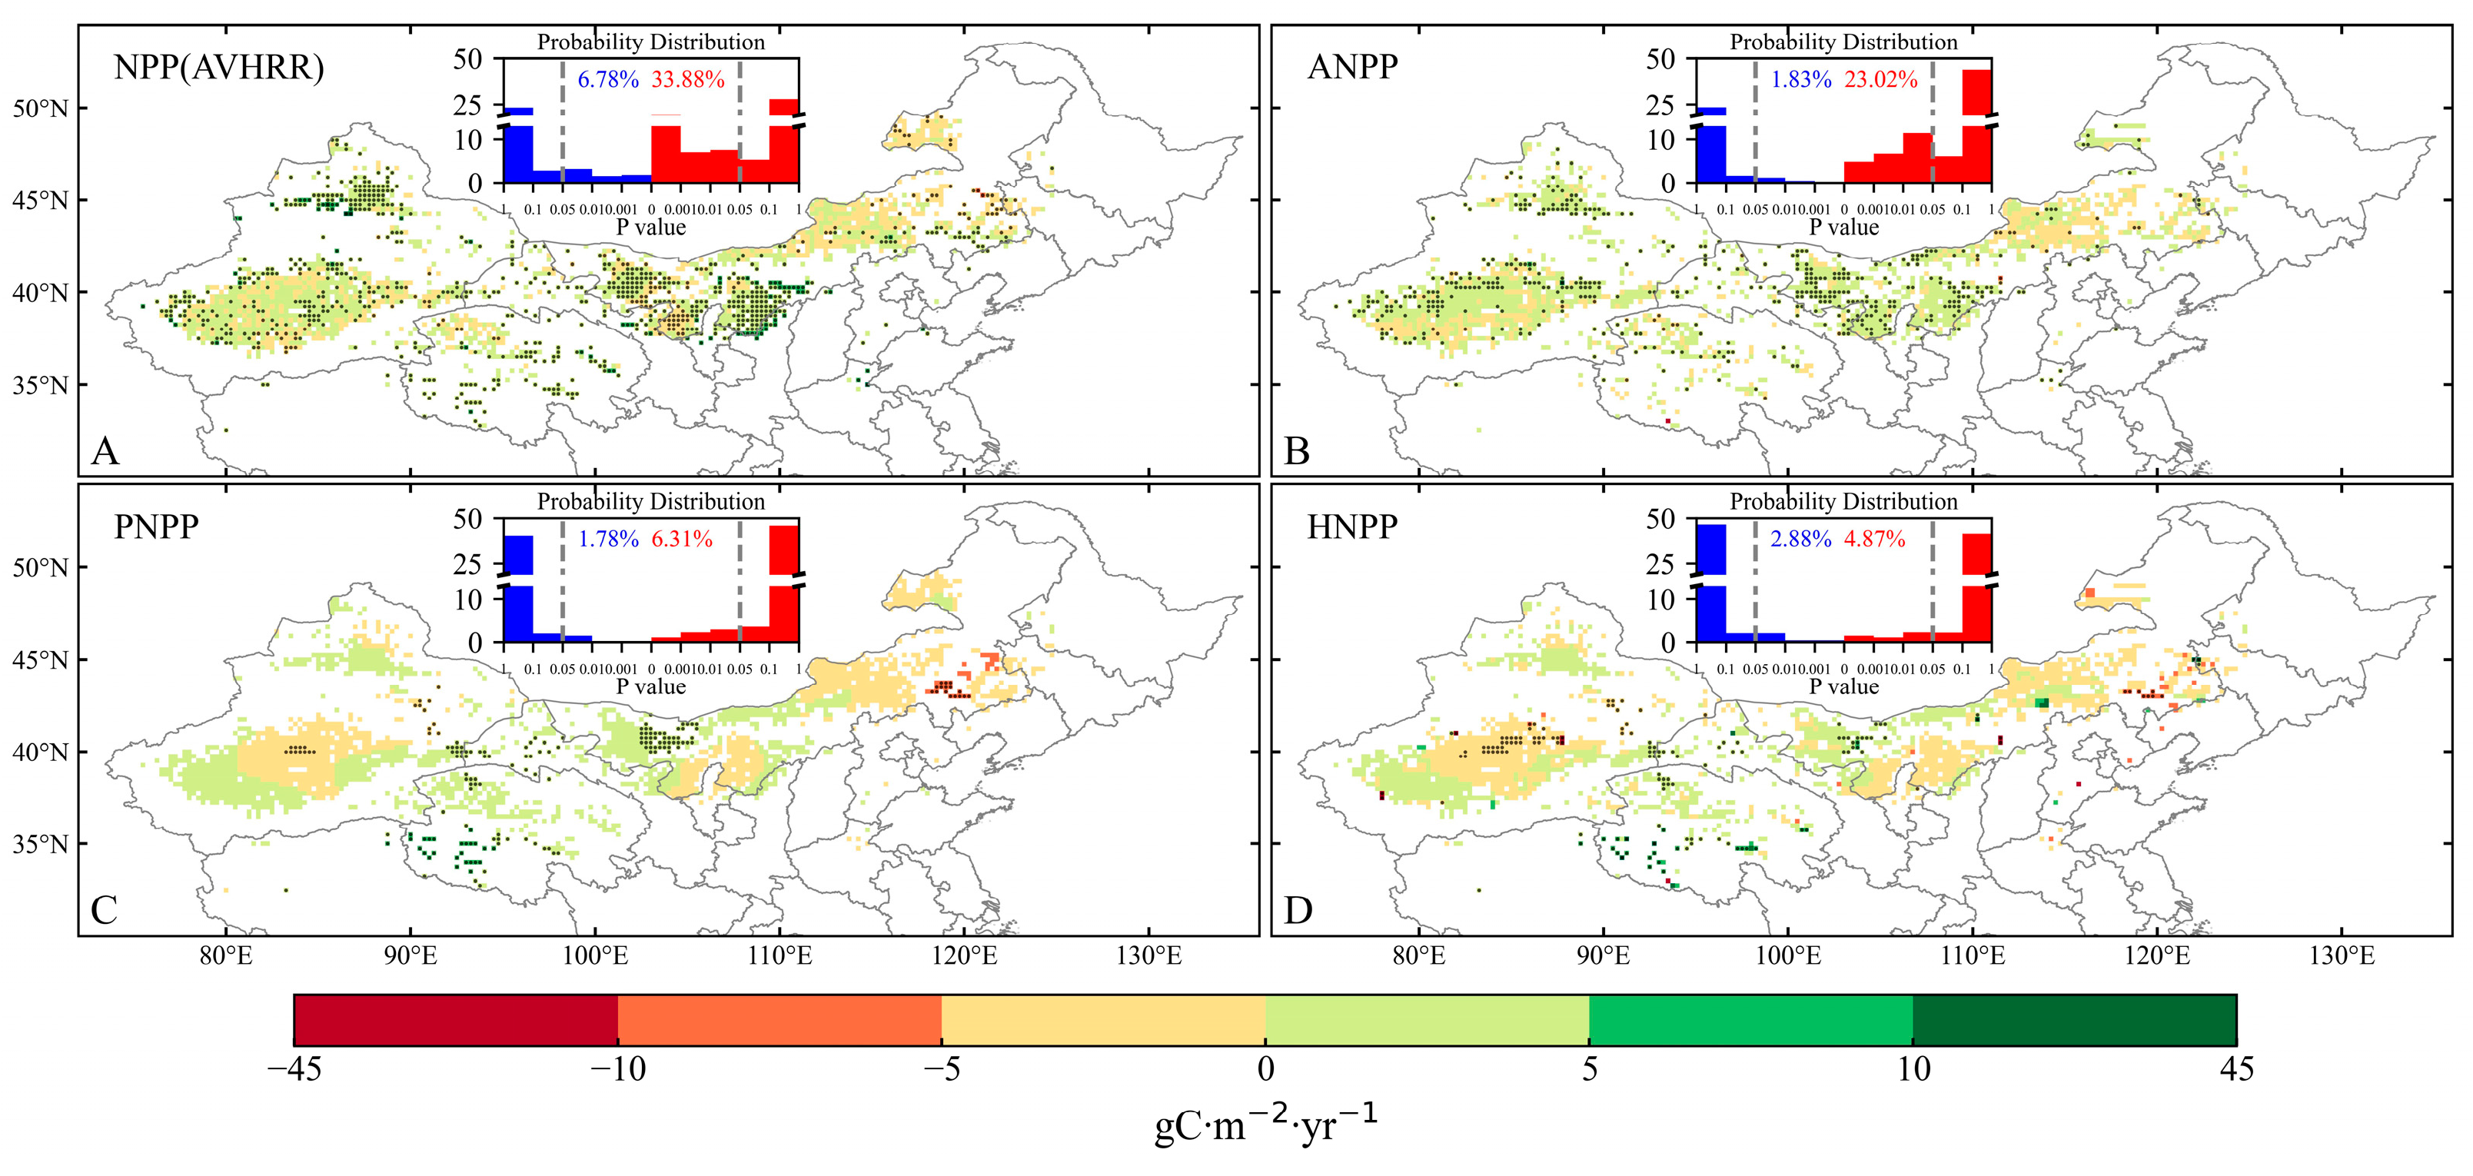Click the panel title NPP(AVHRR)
219,68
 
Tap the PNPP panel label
157,527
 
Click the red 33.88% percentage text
687,80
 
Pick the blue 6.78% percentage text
608,80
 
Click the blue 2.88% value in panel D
1800,540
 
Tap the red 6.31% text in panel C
682,540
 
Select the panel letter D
1298,910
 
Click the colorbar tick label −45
294,1069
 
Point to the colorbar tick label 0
1265,1069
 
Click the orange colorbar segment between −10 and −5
779,1019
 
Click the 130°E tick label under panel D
2342,956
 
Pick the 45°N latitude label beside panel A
40,201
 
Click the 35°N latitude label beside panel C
40,845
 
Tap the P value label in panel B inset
1843,228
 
